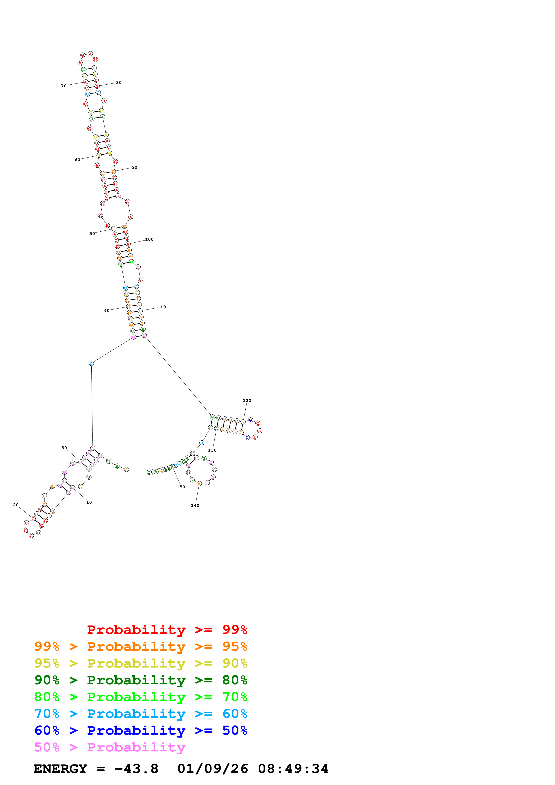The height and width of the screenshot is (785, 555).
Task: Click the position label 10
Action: tap(89, 502)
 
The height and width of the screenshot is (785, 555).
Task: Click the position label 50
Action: tap(92, 234)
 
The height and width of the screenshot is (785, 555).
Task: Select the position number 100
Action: tap(149, 239)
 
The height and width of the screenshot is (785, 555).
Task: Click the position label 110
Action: tap(162, 307)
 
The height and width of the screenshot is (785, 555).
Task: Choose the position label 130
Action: tap(212, 450)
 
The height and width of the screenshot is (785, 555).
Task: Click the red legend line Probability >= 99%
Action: tap(167, 630)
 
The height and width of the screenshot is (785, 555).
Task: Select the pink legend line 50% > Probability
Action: tap(110, 747)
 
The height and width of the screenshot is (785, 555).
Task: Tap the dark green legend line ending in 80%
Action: tap(141, 680)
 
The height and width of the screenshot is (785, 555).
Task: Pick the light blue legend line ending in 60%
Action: tap(141, 714)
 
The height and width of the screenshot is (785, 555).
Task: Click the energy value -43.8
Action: tap(136, 769)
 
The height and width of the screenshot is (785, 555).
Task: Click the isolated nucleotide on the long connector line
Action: tap(91, 363)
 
